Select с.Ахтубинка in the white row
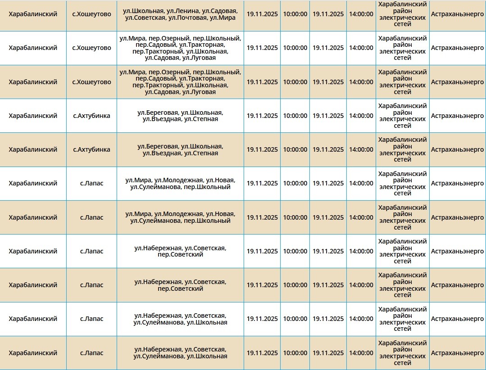tap(91, 116)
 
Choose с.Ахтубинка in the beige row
tap(91, 149)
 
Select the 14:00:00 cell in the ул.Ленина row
tap(361, 14)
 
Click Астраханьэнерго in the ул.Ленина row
tap(457, 14)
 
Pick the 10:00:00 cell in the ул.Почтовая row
tap(295, 14)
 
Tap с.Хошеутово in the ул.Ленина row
tap(91, 14)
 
